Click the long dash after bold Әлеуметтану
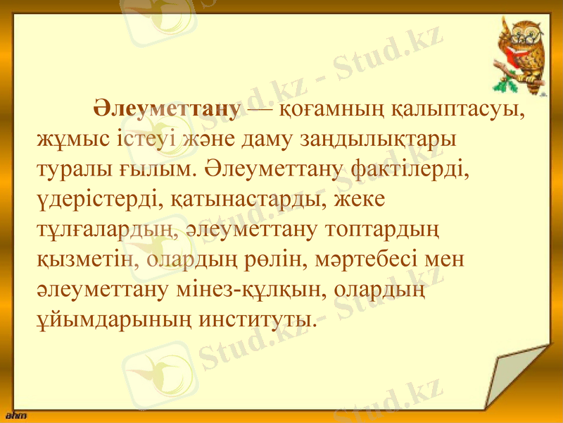(x=260, y=111)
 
